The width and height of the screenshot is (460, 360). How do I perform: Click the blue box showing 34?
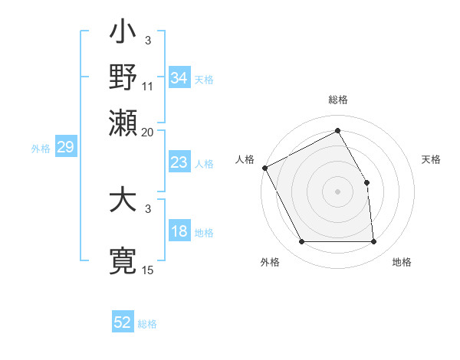179,77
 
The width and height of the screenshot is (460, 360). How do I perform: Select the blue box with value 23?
179,162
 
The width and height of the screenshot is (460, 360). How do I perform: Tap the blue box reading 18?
179,232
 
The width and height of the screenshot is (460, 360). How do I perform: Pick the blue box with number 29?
65,147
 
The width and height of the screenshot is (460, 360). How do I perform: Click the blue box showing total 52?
123,322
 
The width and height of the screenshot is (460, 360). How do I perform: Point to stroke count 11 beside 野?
148,87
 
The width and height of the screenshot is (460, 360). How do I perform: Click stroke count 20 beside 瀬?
148,131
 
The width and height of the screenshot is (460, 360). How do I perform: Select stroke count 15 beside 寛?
148,270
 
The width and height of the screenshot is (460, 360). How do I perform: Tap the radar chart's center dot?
337,191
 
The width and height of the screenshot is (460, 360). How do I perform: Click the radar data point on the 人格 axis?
264,168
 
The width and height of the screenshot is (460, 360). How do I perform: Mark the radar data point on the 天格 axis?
366,182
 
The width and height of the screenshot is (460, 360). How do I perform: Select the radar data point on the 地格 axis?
373,242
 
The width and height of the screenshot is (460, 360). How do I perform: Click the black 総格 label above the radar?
337,100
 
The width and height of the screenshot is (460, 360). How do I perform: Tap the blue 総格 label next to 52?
147,324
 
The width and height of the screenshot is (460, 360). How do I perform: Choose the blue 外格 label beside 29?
40,149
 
